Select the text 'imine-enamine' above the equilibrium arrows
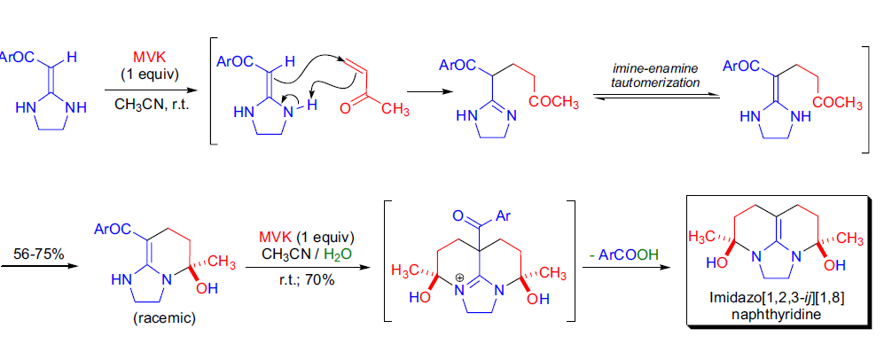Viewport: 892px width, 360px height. [x=654, y=68]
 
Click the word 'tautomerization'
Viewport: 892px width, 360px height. [x=654, y=82]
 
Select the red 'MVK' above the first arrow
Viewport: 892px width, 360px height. [x=147, y=55]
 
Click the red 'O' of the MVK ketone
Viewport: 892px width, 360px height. [x=345, y=108]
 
